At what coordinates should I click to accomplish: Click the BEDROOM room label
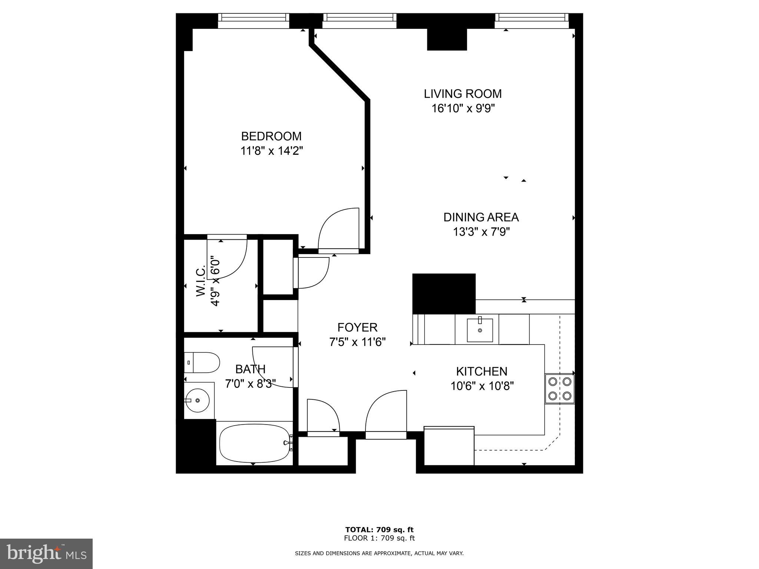point(271,136)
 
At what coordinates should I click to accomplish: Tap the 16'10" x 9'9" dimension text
point(463,109)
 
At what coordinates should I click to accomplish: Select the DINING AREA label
point(481,217)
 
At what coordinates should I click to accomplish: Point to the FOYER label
point(357,327)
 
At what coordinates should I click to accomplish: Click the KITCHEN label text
point(481,371)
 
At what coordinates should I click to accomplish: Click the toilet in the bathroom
point(202,362)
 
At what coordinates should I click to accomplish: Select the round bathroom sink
point(197,400)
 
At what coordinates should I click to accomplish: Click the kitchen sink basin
point(480,330)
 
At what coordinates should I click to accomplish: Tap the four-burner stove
point(559,389)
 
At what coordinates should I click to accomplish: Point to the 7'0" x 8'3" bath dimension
point(250,384)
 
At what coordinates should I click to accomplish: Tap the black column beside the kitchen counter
point(444,293)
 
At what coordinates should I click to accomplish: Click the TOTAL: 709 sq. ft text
point(379,529)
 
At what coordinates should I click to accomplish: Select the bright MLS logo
point(46,553)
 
